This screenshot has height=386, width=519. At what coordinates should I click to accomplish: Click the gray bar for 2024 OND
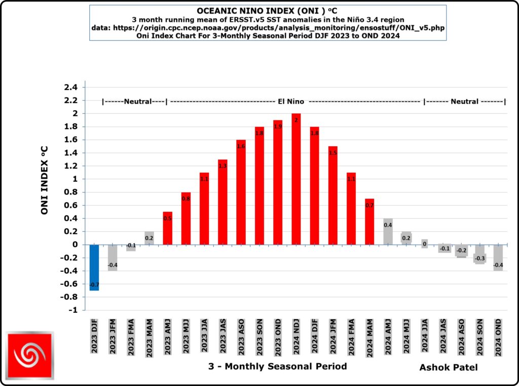click(498, 258)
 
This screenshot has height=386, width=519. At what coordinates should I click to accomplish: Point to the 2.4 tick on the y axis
click(70, 87)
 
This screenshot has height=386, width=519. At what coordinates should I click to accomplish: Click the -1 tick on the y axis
click(74, 310)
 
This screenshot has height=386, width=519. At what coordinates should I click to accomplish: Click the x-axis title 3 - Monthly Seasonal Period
click(277, 366)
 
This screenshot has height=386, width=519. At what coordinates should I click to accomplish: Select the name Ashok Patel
click(449, 367)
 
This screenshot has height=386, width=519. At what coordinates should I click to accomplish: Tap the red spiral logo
click(30, 356)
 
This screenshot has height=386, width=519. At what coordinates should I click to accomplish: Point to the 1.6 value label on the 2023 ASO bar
click(241, 146)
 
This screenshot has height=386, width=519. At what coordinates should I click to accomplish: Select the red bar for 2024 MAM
click(369, 223)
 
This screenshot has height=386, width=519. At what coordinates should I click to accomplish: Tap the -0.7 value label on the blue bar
click(94, 285)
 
